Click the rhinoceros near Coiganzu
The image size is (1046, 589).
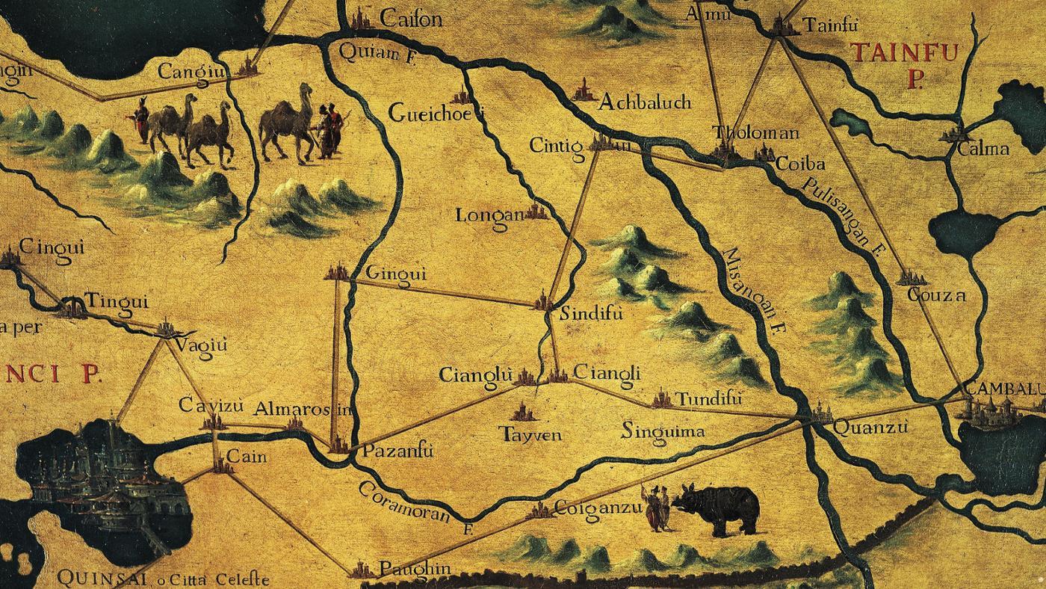716,508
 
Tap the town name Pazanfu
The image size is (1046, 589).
397,451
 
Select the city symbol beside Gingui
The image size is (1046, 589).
338,273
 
